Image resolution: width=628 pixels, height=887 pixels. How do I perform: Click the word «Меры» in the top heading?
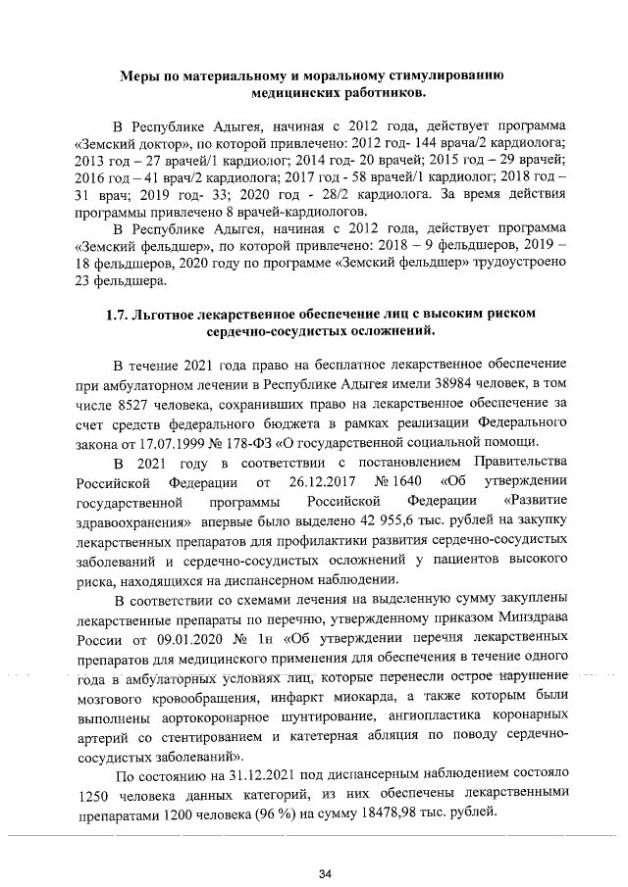coord(140,76)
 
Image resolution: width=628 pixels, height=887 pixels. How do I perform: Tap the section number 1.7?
coord(120,316)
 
